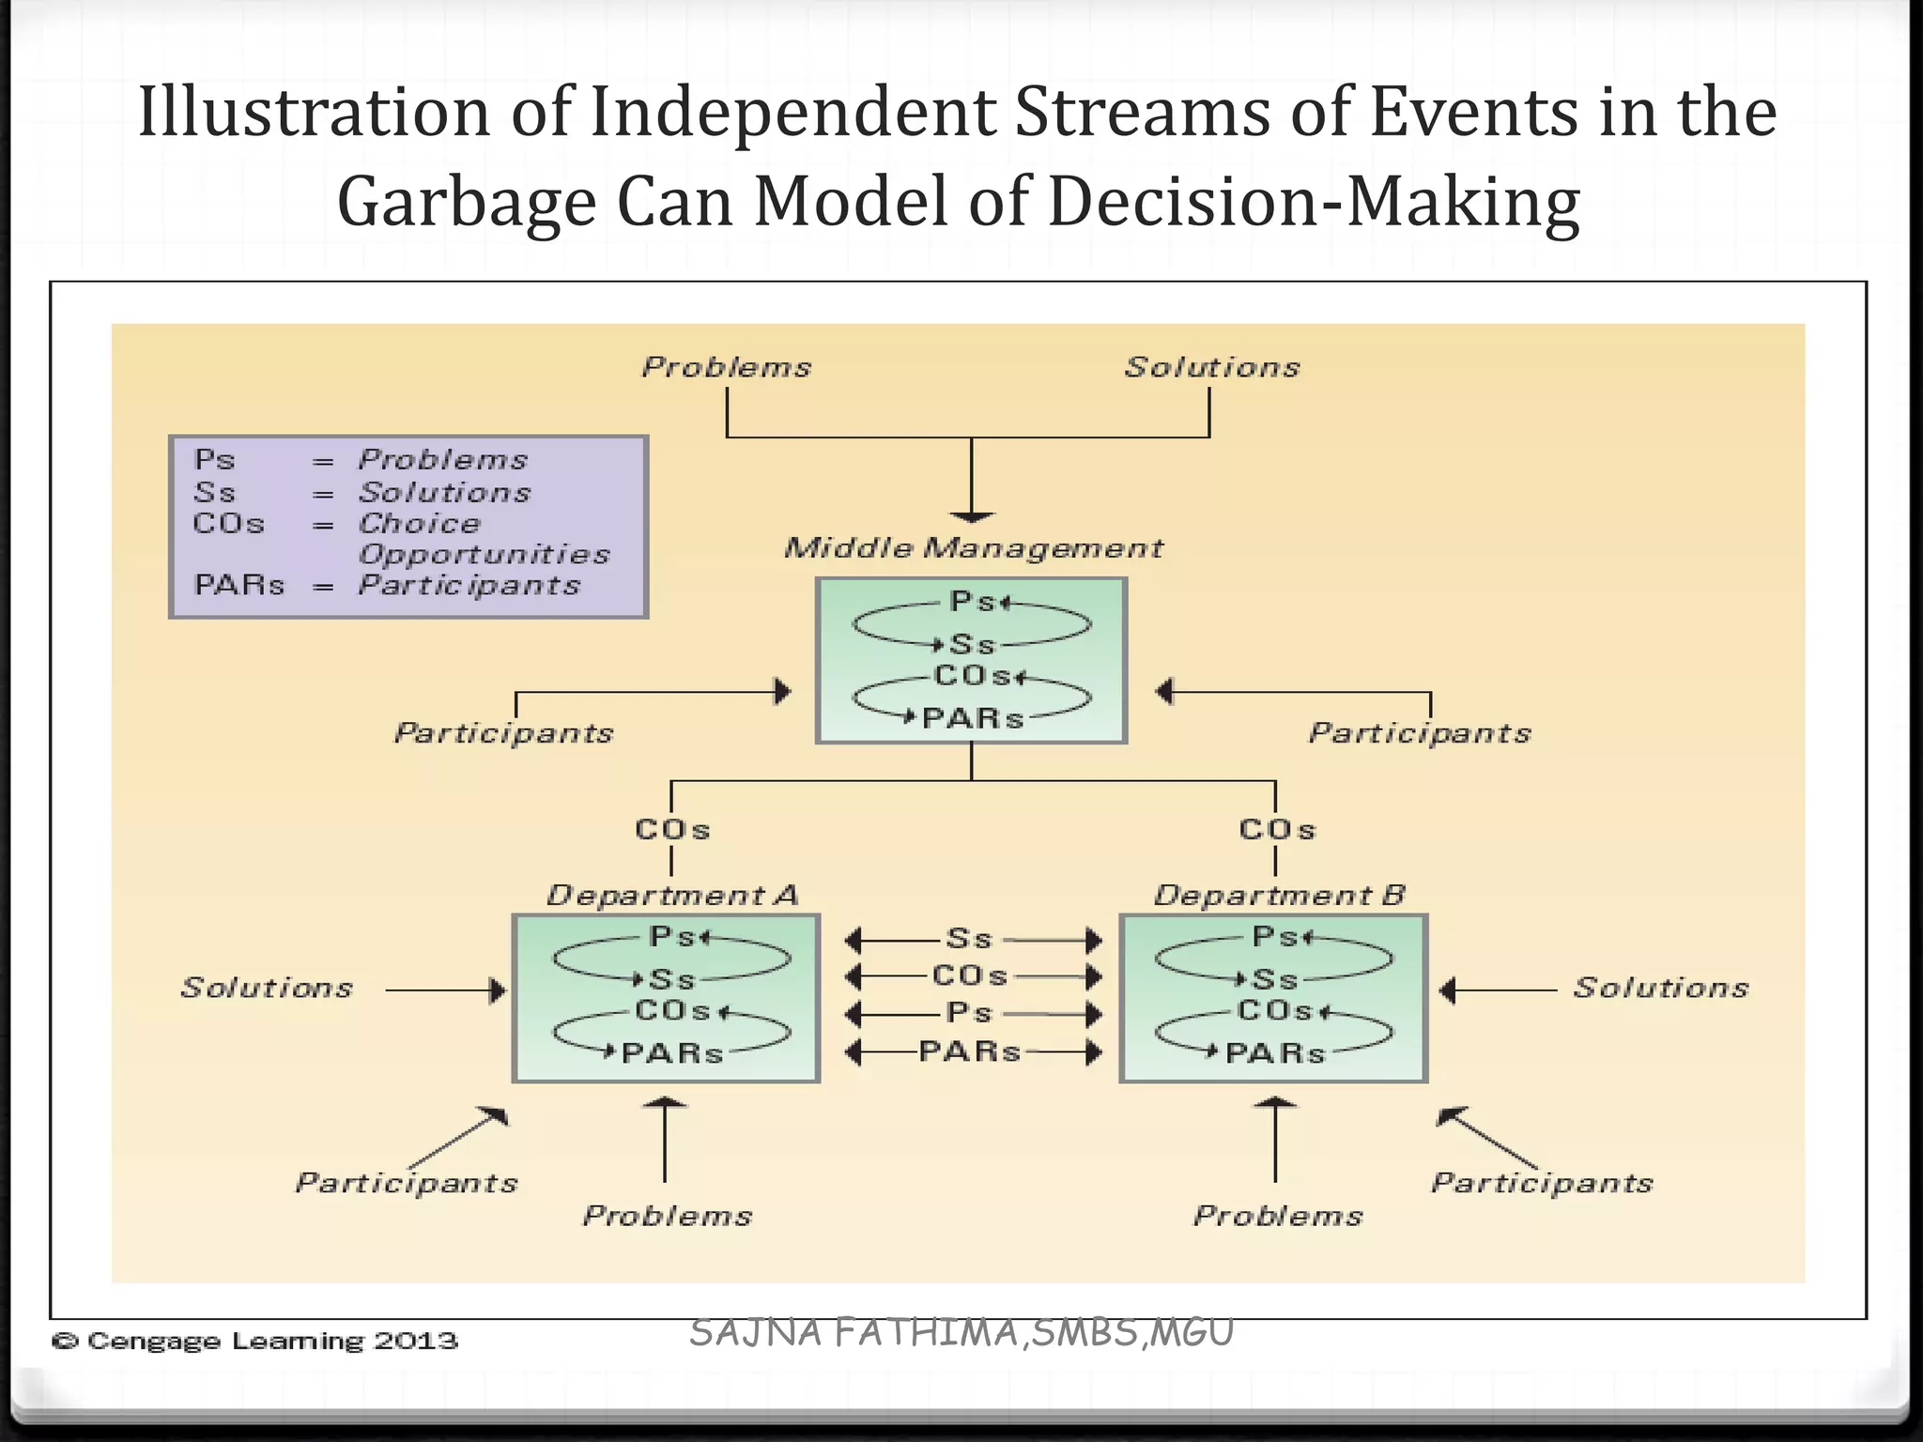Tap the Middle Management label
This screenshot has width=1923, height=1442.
973,548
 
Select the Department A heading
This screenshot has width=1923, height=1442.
672,896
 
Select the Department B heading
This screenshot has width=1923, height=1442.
1279,896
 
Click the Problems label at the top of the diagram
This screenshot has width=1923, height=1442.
726,367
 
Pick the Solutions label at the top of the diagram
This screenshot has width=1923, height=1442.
1212,367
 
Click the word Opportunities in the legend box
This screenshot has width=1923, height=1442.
484,555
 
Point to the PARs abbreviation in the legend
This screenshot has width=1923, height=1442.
238,586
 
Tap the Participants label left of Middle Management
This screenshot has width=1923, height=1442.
503,733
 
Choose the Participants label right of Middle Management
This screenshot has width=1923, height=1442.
1420,733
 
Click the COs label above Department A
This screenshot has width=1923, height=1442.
672,830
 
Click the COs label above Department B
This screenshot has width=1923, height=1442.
1277,830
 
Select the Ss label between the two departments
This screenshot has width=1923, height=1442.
969,939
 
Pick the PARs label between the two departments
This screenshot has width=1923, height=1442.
969,1051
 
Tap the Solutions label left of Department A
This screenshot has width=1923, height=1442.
267,988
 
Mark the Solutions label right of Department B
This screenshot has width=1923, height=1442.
1660,988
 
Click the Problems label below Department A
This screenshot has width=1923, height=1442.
668,1217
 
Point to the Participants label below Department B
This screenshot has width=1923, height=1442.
1542,1183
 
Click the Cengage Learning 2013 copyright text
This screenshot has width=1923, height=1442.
255,1342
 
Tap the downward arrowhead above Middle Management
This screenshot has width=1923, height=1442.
972,516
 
